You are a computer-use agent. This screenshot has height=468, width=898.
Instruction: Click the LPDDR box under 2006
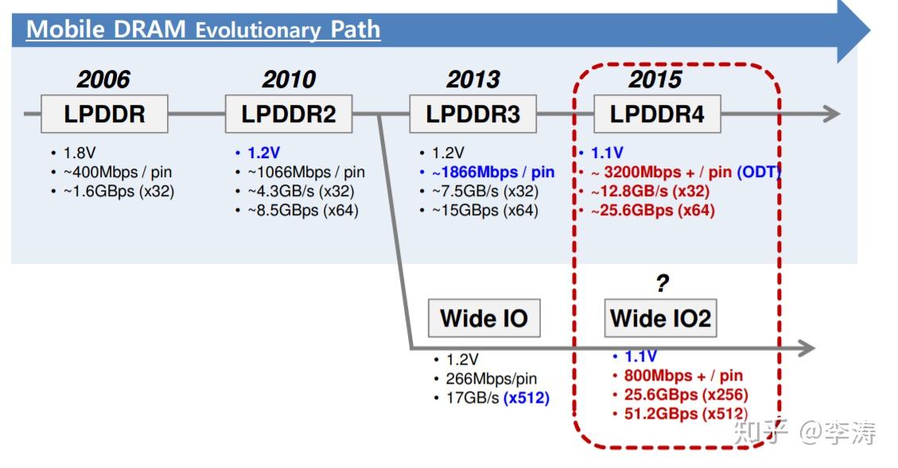(x=104, y=114)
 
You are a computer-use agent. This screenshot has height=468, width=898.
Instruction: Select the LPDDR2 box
(x=289, y=114)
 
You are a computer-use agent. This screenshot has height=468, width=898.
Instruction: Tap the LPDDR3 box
(x=472, y=114)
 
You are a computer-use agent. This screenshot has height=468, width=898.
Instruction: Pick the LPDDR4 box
(x=657, y=114)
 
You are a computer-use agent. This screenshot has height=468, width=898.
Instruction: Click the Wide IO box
(x=484, y=319)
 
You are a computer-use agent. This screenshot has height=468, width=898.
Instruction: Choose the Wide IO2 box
(x=660, y=319)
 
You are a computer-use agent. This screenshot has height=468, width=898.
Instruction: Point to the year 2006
(x=103, y=79)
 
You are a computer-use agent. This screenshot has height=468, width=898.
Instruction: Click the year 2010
(x=289, y=79)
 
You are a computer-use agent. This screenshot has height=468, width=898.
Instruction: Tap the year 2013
(x=473, y=79)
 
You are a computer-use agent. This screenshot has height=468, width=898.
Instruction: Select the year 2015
(x=655, y=79)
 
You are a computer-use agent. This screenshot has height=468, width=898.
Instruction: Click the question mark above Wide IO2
(x=662, y=284)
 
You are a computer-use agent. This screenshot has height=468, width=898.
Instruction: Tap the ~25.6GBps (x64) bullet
(x=651, y=211)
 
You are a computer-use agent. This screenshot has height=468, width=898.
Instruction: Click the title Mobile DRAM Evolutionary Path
(x=204, y=30)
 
